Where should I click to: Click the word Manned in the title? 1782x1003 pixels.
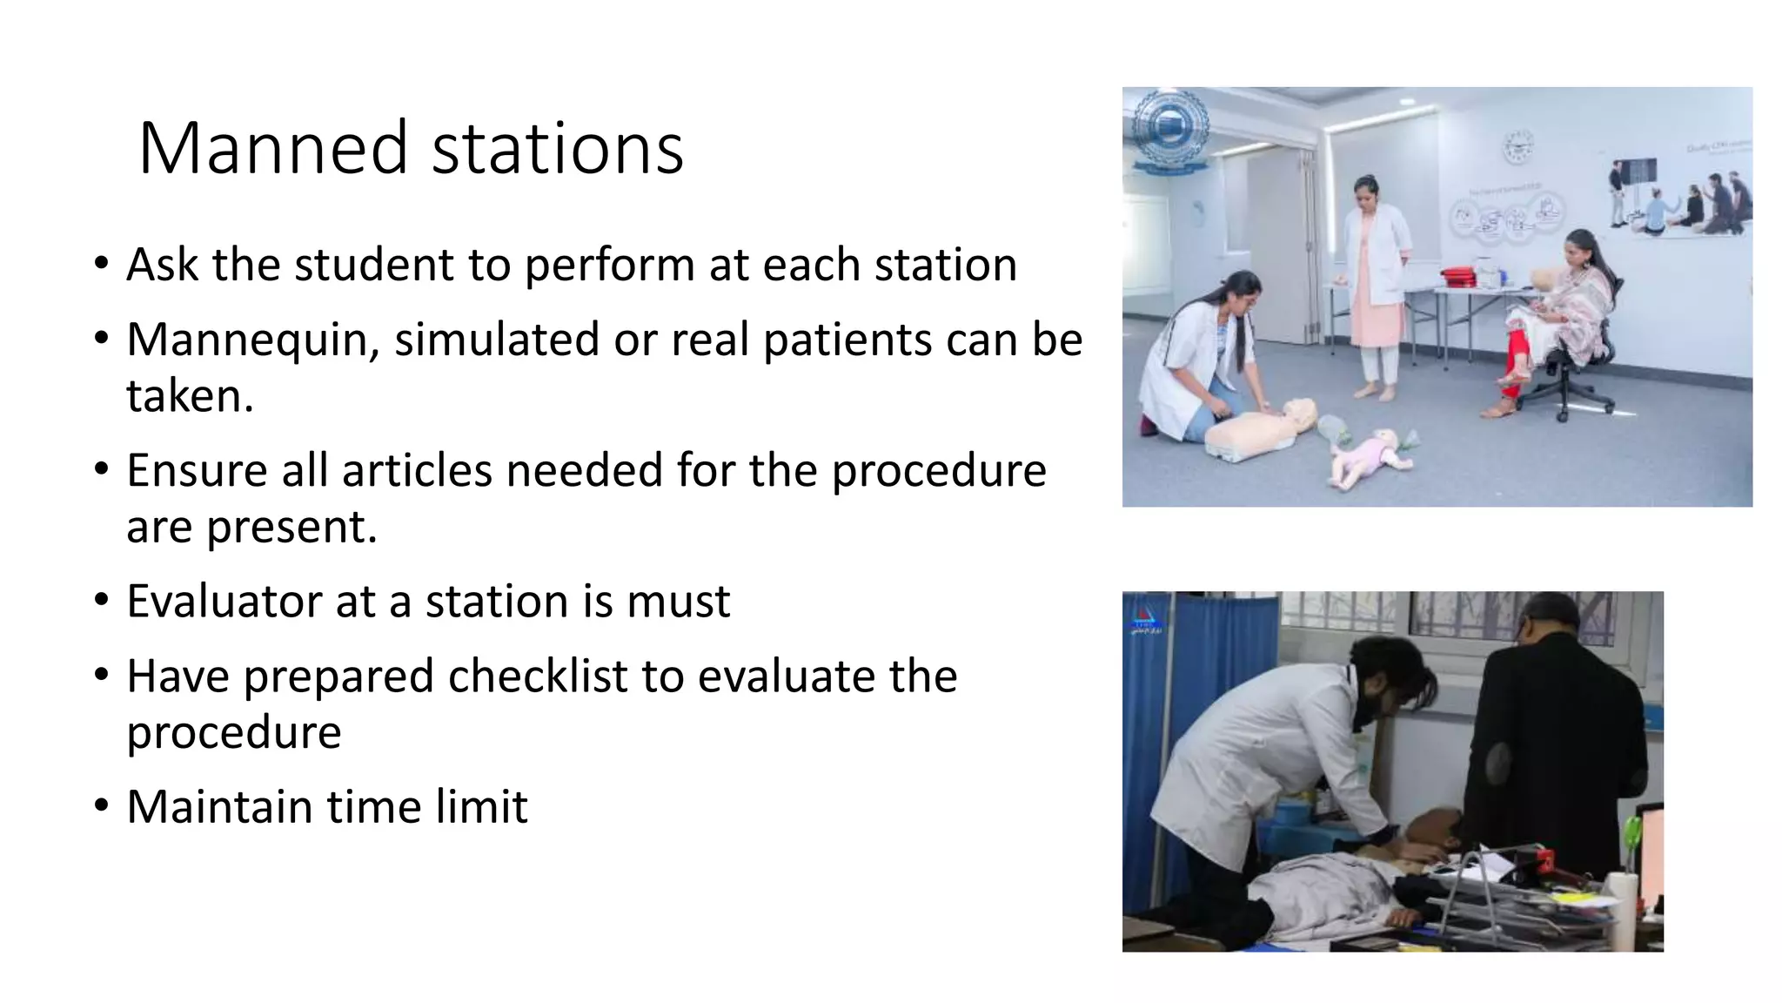pyautogui.click(x=272, y=148)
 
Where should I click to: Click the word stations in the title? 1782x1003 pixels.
pyautogui.click(x=557, y=148)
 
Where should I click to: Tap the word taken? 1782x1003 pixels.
pyautogui.click(x=189, y=396)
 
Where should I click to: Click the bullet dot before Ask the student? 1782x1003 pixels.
pyautogui.click(x=102, y=263)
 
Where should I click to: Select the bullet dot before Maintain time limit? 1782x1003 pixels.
pyautogui.click(x=102, y=805)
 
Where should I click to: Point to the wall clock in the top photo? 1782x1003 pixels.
pyautogui.click(x=1518, y=146)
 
